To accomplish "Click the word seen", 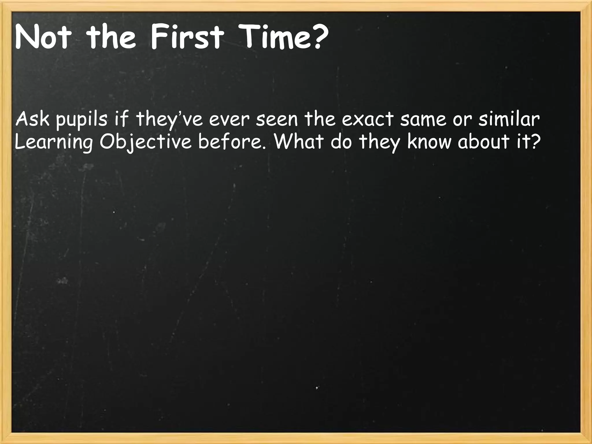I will [x=277, y=120].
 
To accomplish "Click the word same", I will [x=423, y=120].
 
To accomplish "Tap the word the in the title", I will [x=111, y=38].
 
